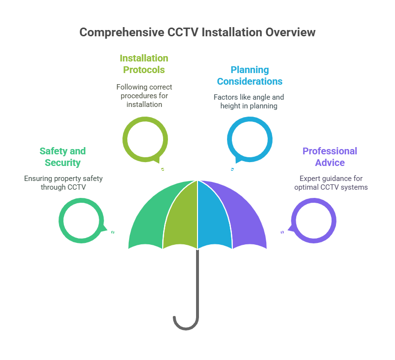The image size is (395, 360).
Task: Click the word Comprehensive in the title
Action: click(122, 33)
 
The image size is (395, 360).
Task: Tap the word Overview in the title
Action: click(290, 32)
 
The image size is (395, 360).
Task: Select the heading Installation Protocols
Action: click(144, 64)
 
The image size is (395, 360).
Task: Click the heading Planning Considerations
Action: click(250, 75)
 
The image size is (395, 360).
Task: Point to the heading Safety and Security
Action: click(63, 157)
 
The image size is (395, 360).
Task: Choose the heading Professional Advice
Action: click(330, 157)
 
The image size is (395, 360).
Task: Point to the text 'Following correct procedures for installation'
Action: click(144, 96)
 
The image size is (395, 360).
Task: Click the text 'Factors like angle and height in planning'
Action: click(249, 102)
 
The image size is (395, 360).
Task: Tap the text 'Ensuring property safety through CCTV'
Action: click(63, 183)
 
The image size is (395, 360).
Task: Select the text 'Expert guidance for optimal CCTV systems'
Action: click(331, 183)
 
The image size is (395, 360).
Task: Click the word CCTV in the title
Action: click(183, 32)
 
